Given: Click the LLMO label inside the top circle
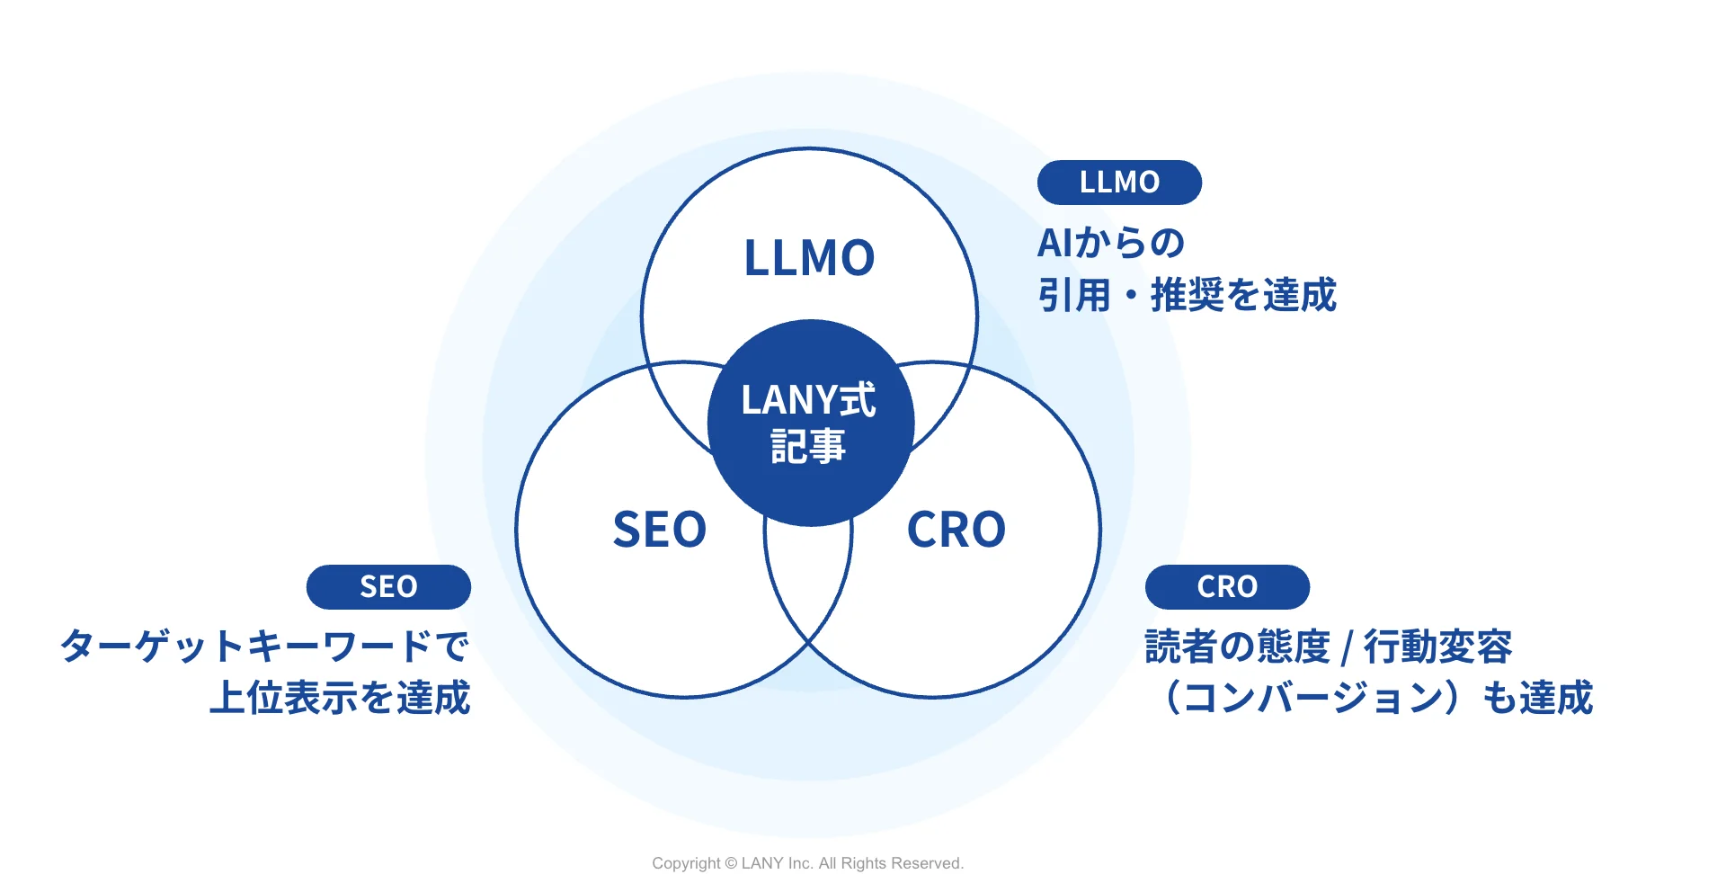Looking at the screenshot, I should (809, 258).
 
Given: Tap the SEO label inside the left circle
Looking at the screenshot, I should (659, 530).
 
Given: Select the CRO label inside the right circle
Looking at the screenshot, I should (956, 530).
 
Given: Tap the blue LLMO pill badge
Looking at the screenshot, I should (1119, 183).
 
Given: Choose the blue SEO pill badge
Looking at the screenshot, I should (388, 587).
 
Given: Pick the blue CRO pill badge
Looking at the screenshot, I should (1227, 587).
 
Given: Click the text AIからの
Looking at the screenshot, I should (1111, 243).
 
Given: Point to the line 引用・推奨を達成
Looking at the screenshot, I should (1187, 295).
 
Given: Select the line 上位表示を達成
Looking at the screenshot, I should (340, 698).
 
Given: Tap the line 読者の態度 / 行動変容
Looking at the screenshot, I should (1328, 647).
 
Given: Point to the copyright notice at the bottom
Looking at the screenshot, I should (807, 863).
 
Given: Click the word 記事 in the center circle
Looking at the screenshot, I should (808, 447).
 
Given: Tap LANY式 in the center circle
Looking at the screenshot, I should (808, 400).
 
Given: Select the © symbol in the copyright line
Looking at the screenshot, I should (731, 863).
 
